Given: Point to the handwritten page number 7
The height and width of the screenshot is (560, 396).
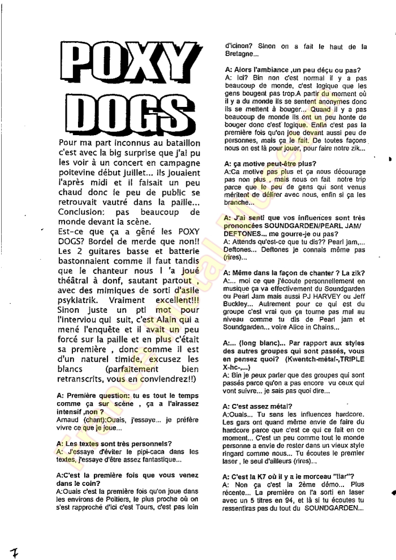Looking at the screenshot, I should (x=12, y=548).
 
